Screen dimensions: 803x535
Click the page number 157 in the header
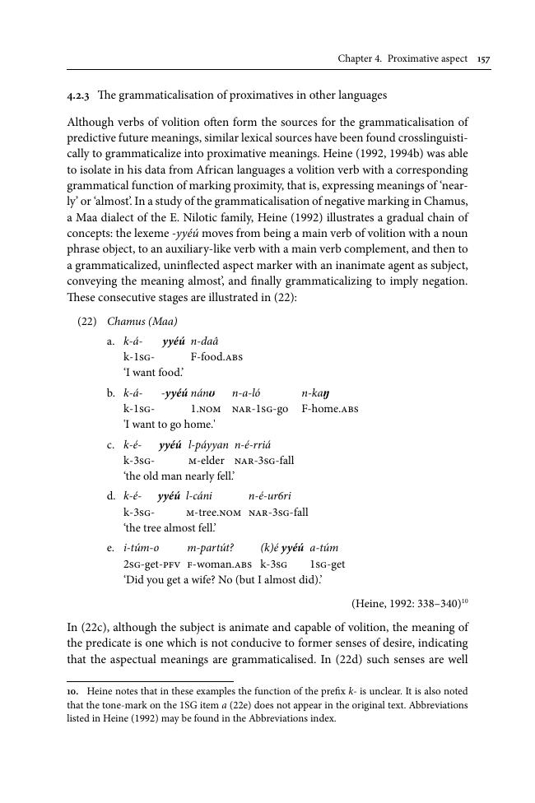(483, 59)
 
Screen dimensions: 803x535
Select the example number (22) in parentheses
(86, 321)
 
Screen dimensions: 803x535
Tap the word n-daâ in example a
(204, 341)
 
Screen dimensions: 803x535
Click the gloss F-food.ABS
(216, 356)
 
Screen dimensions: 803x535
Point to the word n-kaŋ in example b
(316, 393)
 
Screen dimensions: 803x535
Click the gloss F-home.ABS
(330, 409)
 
